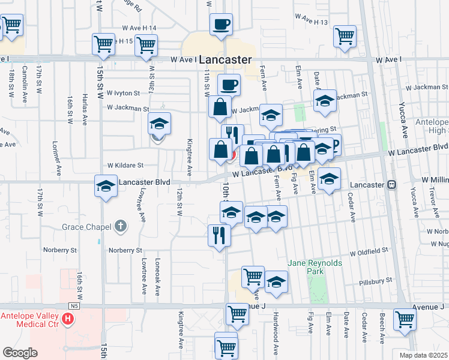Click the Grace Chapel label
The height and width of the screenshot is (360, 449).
87,227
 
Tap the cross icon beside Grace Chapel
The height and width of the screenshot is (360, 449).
121,227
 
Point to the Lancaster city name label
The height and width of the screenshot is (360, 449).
224,60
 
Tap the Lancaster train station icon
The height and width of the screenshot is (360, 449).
392,185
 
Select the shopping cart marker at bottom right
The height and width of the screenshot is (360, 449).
405,320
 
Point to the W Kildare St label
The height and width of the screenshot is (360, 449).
125,165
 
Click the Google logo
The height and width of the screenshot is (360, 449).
20,353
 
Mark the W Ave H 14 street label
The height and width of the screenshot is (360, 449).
139,28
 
